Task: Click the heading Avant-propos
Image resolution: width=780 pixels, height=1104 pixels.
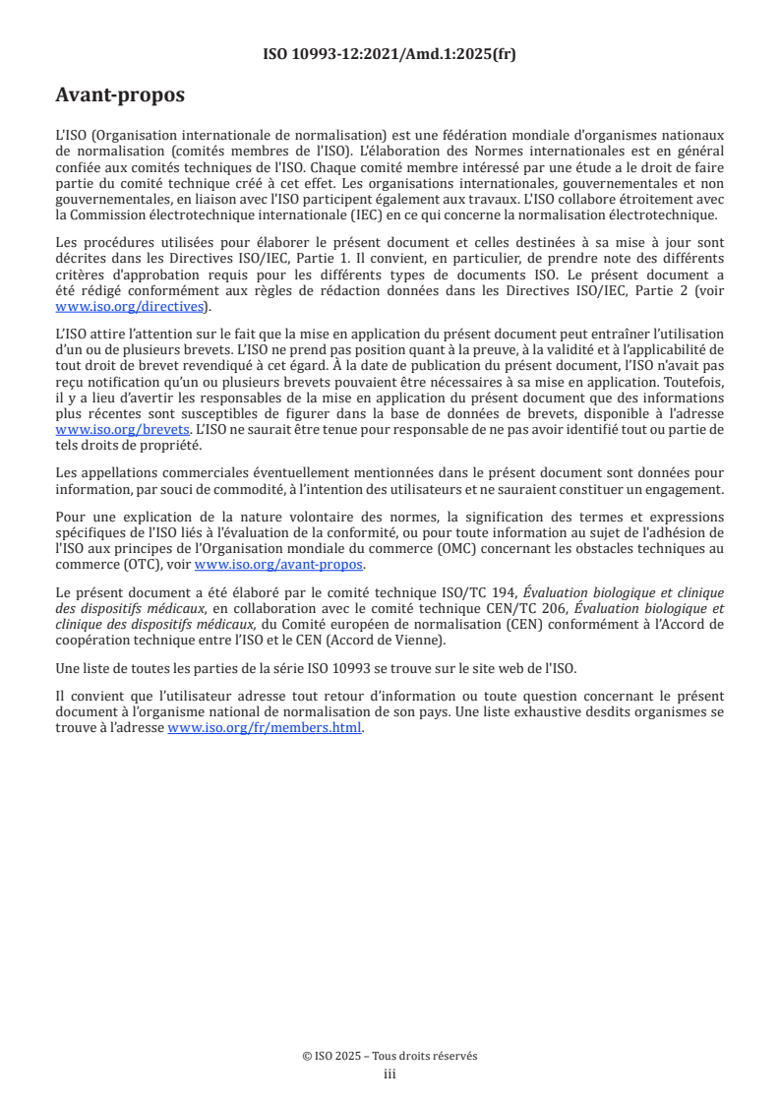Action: [x=120, y=95]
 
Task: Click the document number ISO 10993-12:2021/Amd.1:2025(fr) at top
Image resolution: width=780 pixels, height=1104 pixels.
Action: [x=390, y=55]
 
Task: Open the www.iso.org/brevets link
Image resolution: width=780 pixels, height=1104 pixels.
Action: [x=122, y=430]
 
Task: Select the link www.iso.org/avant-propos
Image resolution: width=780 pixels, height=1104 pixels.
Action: [x=279, y=565]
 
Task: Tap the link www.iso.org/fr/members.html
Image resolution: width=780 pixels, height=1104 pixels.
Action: [x=265, y=728]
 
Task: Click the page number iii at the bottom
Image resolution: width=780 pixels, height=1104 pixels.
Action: [x=390, y=1074]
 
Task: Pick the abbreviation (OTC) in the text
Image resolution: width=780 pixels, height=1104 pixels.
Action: [x=133, y=565]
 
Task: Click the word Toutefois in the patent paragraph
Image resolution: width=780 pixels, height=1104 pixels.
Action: [x=694, y=383]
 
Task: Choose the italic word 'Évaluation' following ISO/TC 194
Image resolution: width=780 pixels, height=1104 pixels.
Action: [x=557, y=592]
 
